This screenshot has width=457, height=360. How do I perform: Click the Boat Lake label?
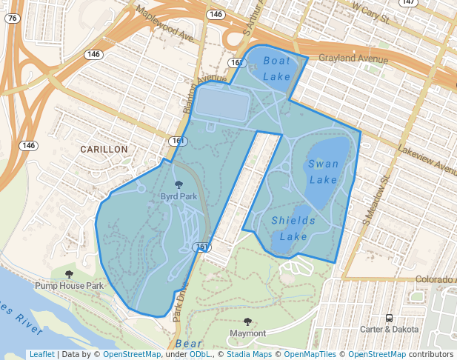pos(277,68)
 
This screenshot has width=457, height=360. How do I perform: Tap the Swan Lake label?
pos(323,172)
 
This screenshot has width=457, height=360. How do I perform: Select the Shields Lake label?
pos(293,228)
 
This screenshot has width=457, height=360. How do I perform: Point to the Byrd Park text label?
pos(179,196)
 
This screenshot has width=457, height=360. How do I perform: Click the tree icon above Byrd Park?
pos(179,184)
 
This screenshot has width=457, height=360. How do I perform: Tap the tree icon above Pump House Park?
pos(69,274)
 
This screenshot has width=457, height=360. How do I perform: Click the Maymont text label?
pos(247,333)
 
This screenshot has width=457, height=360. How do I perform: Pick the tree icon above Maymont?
pos(247,321)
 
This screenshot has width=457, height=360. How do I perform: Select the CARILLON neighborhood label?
pos(104,149)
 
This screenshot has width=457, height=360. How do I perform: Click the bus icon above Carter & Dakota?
pos(390,318)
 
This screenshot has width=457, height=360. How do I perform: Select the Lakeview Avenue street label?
pos(425,157)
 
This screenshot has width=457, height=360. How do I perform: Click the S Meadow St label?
pos(376,201)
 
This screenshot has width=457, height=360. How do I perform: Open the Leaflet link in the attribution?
pos(41,354)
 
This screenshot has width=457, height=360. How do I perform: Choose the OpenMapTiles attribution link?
pos(310,354)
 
